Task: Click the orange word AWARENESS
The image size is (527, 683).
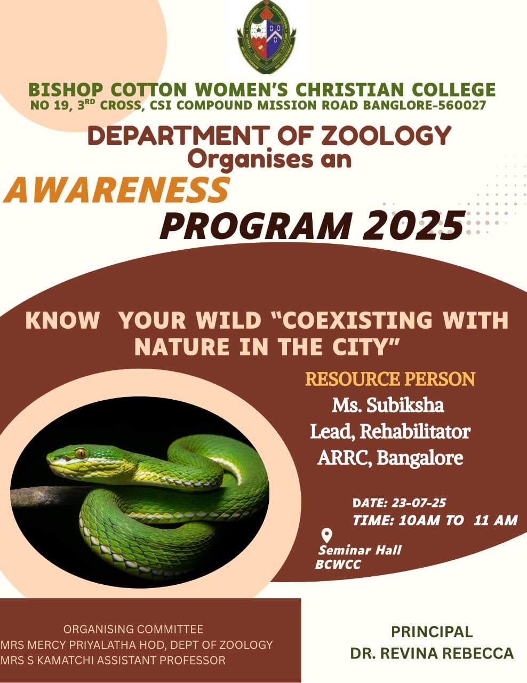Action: pyautogui.click(x=116, y=190)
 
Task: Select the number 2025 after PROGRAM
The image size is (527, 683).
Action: pyautogui.click(x=413, y=226)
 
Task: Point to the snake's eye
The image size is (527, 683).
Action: pyautogui.click(x=81, y=453)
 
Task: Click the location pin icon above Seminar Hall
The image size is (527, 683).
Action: pyautogui.click(x=326, y=536)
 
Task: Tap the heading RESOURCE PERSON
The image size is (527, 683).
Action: pyautogui.click(x=390, y=379)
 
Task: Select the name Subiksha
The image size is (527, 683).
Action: pyautogui.click(x=405, y=405)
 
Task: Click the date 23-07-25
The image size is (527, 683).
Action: pyautogui.click(x=419, y=503)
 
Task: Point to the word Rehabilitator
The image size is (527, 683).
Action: pyautogui.click(x=415, y=432)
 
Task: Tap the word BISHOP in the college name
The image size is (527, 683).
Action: pyautogui.click(x=66, y=90)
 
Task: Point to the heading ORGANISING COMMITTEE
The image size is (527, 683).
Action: pyautogui.click(x=133, y=629)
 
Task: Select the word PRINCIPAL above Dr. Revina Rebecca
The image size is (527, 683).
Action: pyautogui.click(x=432, y=632)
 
